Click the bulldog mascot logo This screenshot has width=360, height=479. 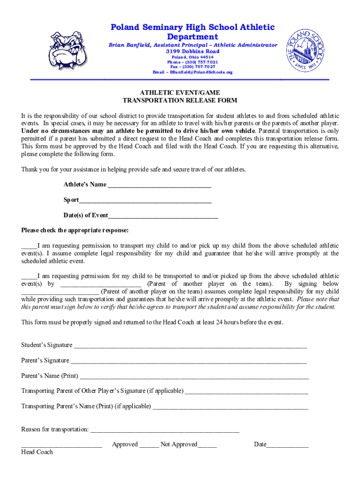66,51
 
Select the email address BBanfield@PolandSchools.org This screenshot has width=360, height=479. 193,73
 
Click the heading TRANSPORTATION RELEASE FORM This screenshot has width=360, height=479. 180,101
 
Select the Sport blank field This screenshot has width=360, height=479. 145,202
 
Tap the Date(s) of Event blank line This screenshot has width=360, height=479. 163,217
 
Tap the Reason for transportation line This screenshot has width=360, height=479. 164,431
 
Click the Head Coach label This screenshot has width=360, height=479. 37,452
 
